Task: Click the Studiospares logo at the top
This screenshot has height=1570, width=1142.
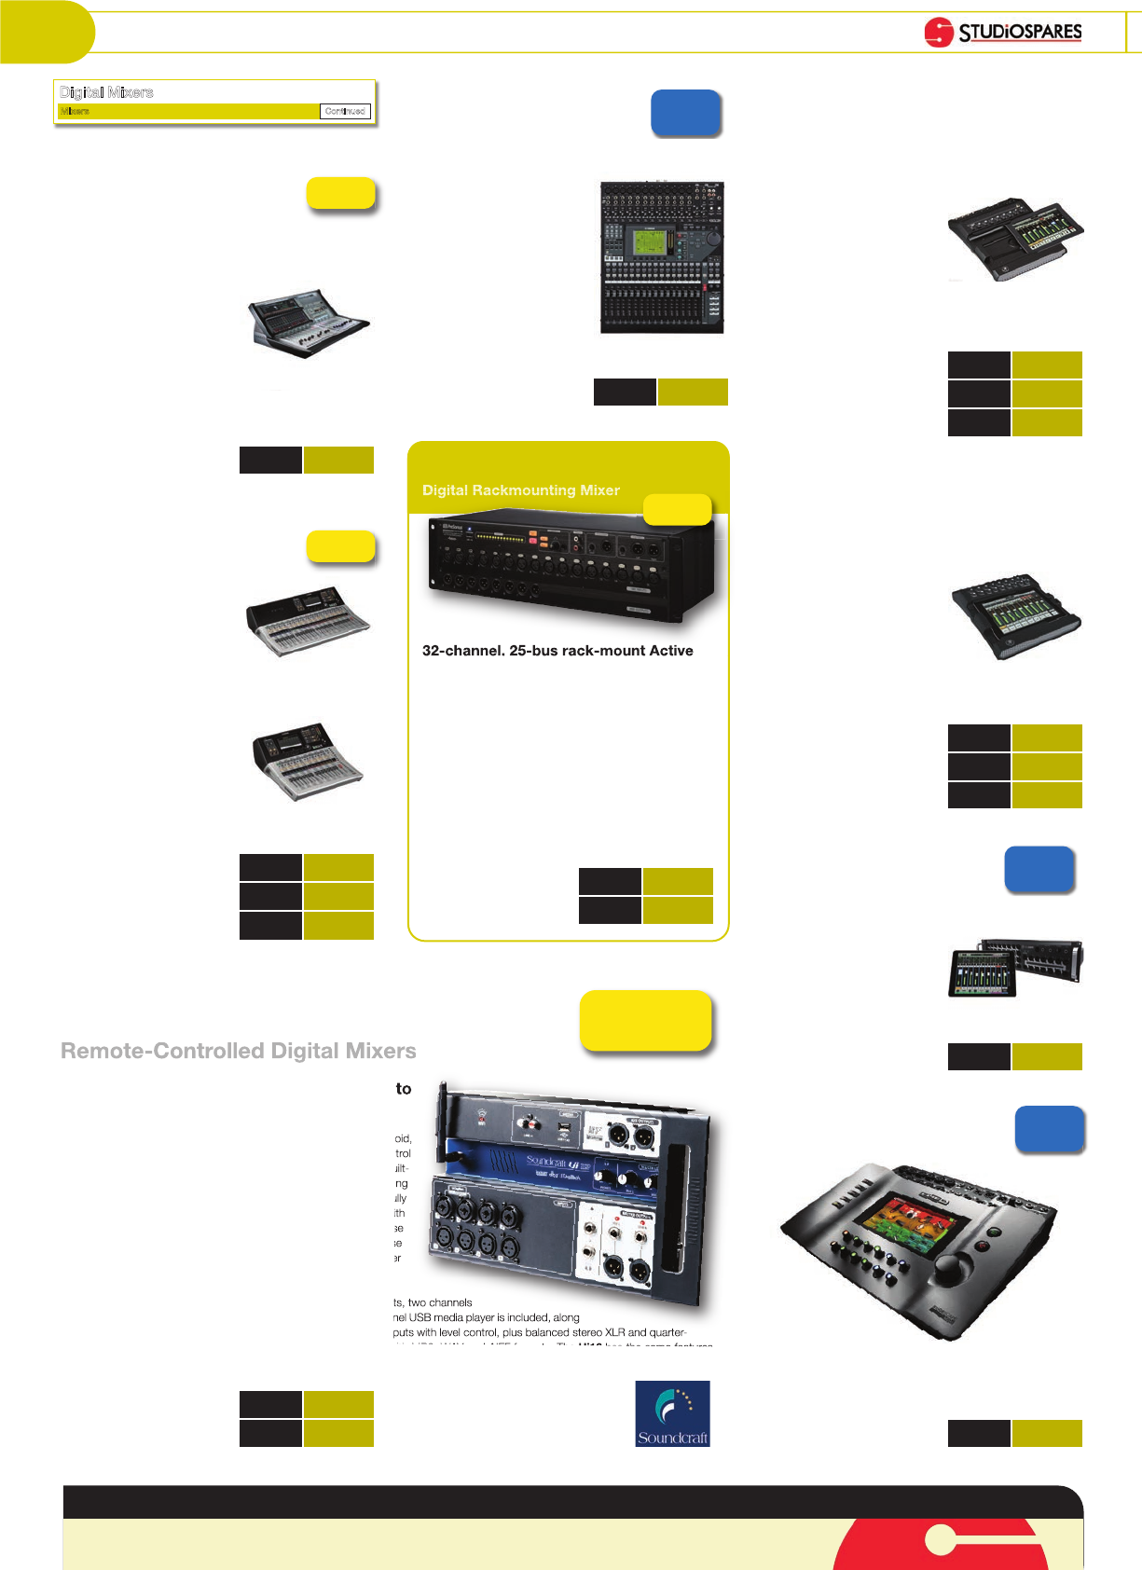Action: pyautogui.click(x=1003, y=32)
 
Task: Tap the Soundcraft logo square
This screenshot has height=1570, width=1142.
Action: pyautogui.click(x=672, y=1413)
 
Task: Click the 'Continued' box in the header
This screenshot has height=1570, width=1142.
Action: pyautogui.click(x=345, y=111)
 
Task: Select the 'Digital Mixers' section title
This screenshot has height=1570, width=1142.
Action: pyautogui.click(x=106, y=92)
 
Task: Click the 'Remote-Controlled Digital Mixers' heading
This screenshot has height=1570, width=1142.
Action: pyautogui.click(x=238, y=1051)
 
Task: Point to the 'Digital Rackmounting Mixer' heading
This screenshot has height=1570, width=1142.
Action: pyautogui.click(x=520, y=490)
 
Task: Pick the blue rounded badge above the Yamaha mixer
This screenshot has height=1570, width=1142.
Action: pyautogui.click(x=685, y=114)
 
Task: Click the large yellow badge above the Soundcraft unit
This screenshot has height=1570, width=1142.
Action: pyautogui.click(x=645, y=1020)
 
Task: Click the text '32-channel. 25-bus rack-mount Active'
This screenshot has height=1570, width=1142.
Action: pyautogui.click(x=557, y=651)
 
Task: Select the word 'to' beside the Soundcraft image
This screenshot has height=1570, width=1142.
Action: pyautogui.click(x=404, y=1089)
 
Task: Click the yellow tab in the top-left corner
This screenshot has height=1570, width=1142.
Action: pyautogui.click(x=47, y=32)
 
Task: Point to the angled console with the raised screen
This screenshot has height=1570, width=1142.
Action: pyautogui.click(x=310, y=323)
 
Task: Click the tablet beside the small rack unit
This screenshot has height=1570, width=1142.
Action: pyautogui.click(x=981, y=971)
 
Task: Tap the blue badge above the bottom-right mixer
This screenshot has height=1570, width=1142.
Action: pyautogui.click(x=1049, y=1130)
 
